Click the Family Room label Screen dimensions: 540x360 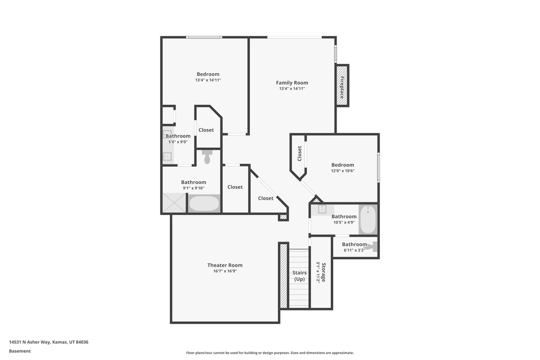(292, 83)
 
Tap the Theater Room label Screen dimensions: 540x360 (225, 265)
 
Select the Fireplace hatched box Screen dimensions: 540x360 (342, 85)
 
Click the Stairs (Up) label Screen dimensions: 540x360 (300, 276)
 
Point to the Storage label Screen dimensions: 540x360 (323, 272)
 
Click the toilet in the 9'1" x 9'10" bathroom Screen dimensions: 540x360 (207, 157)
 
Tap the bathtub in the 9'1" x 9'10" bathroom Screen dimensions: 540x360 (204, 203)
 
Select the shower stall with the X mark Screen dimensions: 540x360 (174, 203)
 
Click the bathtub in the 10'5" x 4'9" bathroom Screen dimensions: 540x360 (368, 219)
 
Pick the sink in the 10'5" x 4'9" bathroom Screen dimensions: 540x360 (322, 209)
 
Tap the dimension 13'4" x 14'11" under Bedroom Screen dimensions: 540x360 (208, 80)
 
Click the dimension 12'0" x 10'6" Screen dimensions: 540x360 (343, 171)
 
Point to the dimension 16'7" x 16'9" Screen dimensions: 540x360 (225, 271)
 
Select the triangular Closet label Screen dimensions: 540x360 (266, 198)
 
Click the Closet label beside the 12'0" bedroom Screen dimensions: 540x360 (300, 153)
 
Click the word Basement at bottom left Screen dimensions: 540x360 (20, 351)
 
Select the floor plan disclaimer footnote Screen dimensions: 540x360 (269, 353)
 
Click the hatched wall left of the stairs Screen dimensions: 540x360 (283, 276)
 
